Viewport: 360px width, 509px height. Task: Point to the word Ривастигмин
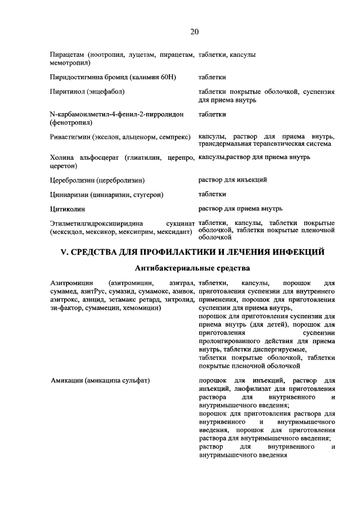point(71,137)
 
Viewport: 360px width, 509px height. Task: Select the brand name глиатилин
point(142,157)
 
